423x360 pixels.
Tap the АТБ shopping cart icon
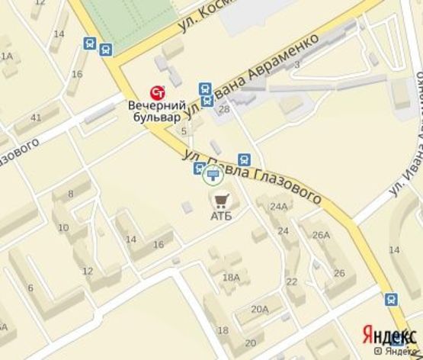[220, 201]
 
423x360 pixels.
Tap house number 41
[35, 117]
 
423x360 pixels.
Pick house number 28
[223, 111]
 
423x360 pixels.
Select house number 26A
[320, 235]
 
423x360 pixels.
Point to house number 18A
[232, 277]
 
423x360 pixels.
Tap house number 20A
[260, 309]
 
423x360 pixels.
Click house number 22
[291, 281]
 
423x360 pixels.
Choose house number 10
[62, 228]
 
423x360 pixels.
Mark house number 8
[71, 194]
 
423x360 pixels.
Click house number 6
[30, 288]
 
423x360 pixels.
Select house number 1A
[7, 56]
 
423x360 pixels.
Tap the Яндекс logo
[389, 335]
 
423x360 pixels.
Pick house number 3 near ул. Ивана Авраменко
[296, 64]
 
